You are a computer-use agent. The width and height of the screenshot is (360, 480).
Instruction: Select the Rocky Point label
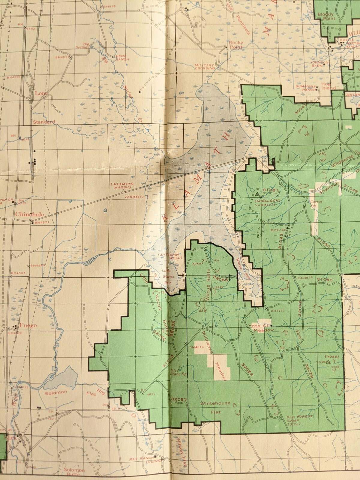tap(236, 45)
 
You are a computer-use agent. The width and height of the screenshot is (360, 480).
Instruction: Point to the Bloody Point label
tap(326, 16)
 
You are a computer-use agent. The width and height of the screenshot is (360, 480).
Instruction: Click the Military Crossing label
tap(205, 66)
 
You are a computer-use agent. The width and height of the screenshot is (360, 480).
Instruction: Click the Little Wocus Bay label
tap(166, 274)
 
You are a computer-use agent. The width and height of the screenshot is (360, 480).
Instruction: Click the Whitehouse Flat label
tap(216, 407)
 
